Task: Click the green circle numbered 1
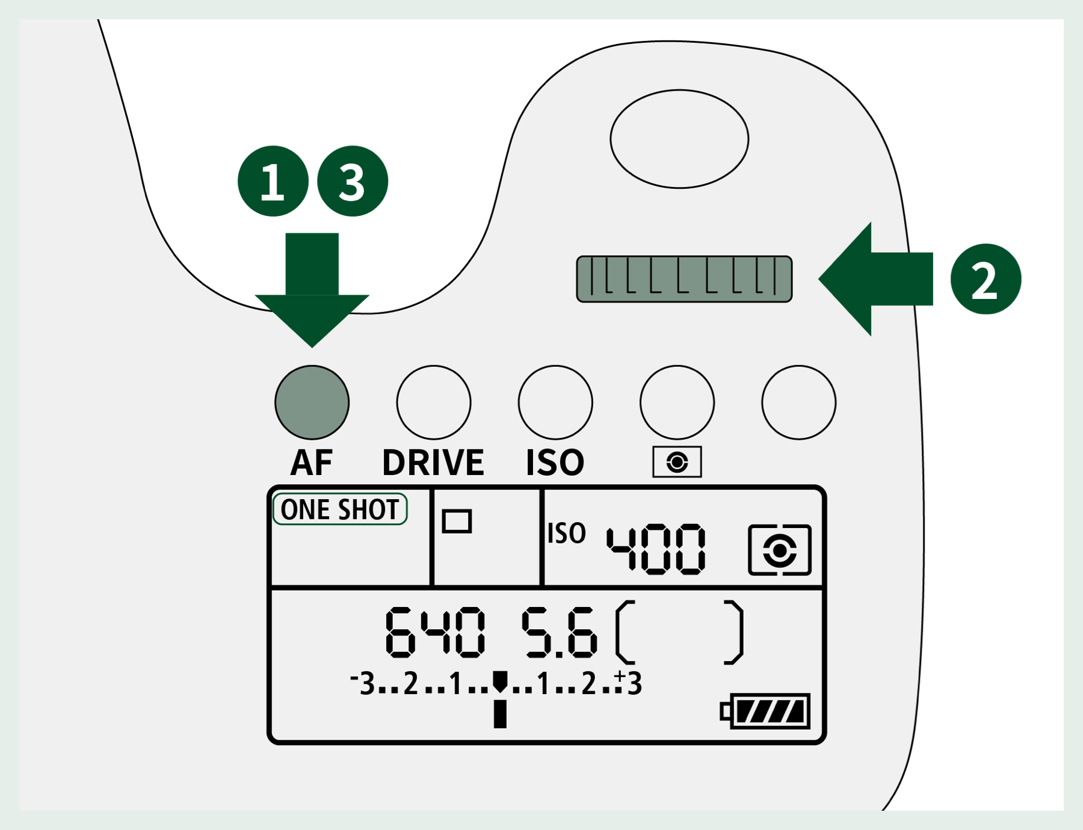click(x=273, y=181)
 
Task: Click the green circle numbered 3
click(x=353, y=181)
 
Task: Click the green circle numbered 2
click(x=986, y=279)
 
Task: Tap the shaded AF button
click(x=312, y=402)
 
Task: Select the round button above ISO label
click(x=555, y=402)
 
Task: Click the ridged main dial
click(x=684, y=279)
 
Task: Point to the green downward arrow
click(x=312, y=290)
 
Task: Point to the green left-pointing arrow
click(x=875, y=279)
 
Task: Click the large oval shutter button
click(x=679, y=139)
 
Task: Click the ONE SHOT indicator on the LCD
click(x=340, y=509)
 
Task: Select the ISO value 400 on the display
click(x=655, y=549)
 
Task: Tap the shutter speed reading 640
click(x=434, y=632)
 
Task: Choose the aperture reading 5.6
click(x=559, y=632)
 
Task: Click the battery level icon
click(x=765, y=712)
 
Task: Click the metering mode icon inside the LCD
click(x=780, y=550)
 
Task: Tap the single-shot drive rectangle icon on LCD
click(x=457, y=521)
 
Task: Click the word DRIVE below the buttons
click(x=433, y=463)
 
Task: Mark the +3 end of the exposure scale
click(x=629, y=683)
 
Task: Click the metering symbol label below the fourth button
click(x=677, y=462)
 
